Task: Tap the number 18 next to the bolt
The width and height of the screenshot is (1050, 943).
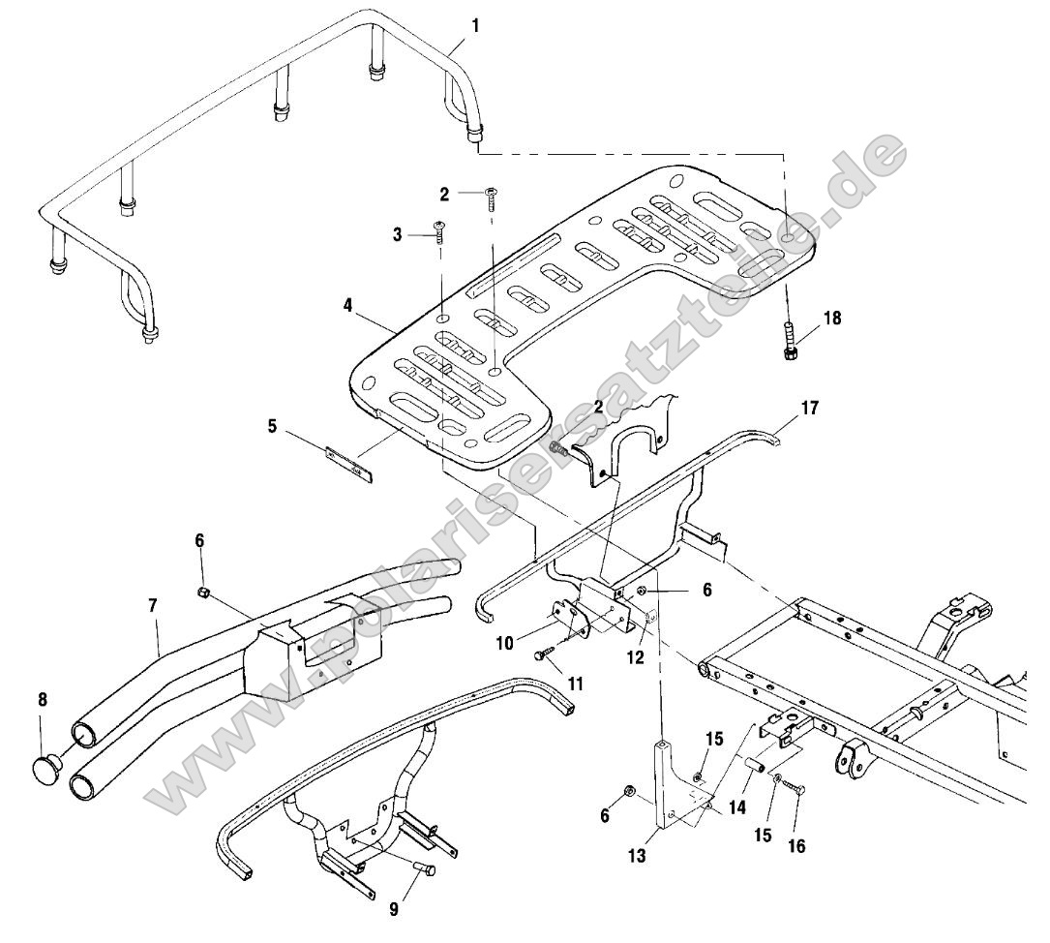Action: tap(832, 319)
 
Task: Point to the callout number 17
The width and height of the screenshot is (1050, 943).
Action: tap(810, 409)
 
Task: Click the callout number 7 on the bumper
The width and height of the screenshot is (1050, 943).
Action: tap(154, 607)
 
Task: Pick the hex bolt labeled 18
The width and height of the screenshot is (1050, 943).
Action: tap(790, 342)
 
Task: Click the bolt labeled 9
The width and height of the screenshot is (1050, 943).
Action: tap(424, 869)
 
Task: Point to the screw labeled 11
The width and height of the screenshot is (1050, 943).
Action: tap(542, 655)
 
